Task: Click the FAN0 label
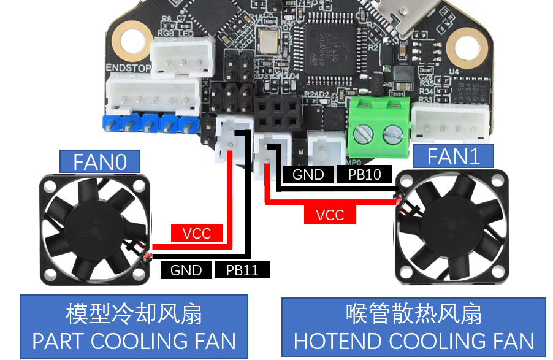(100, 162)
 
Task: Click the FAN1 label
(453, 156)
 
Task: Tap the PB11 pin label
(242, 270)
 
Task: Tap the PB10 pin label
(364, 175)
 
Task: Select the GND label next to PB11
(186, 270)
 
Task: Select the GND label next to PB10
(308, 175)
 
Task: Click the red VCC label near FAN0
(196, 233)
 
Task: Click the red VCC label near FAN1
(330, 215)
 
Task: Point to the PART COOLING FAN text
(134, 341)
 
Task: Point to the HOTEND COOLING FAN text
(414, 341)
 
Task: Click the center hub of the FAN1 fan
(451, 227)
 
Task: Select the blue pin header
(150, 124)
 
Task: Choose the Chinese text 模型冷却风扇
(134, 315)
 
